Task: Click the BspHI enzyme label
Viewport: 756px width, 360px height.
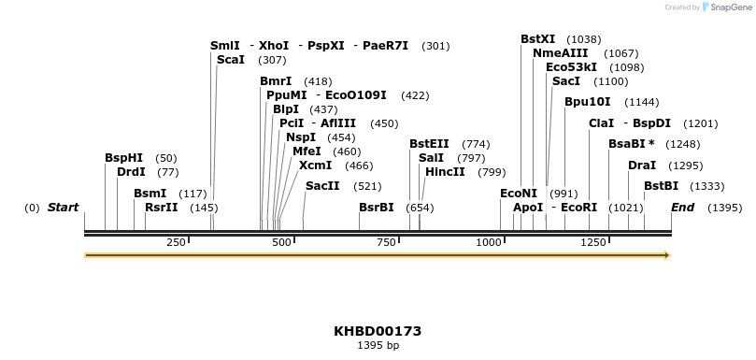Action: pos(123,158)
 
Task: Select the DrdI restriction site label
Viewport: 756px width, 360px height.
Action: pos(131,171)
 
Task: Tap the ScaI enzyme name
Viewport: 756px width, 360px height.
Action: pos(230,59)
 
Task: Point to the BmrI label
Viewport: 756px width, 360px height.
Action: pos(276,81)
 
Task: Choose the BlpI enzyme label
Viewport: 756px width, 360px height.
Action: pos(286,108)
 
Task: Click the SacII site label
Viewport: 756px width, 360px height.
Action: pos(322,185)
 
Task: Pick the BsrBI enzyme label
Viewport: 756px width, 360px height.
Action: pos(377,207)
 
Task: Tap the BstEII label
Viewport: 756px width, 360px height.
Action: pos(429,143)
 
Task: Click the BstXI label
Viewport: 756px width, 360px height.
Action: pos(537,39)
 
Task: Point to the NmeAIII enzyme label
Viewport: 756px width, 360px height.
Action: pos(560,53)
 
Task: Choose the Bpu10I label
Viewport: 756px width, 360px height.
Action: pos(587,101)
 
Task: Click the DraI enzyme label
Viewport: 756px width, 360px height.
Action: pos(642,165)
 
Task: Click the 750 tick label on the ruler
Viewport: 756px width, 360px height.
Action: pos(387,242)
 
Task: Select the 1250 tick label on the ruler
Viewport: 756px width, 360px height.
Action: pos(594,242)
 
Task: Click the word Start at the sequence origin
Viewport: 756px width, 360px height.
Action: pos(63,207)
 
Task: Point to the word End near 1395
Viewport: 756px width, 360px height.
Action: pos(682,207)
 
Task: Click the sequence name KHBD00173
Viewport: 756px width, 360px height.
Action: pos(378,331)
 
